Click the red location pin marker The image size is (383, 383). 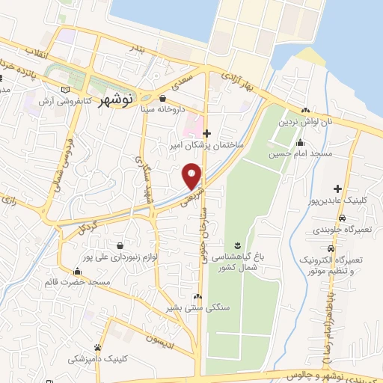click(192, 176)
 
